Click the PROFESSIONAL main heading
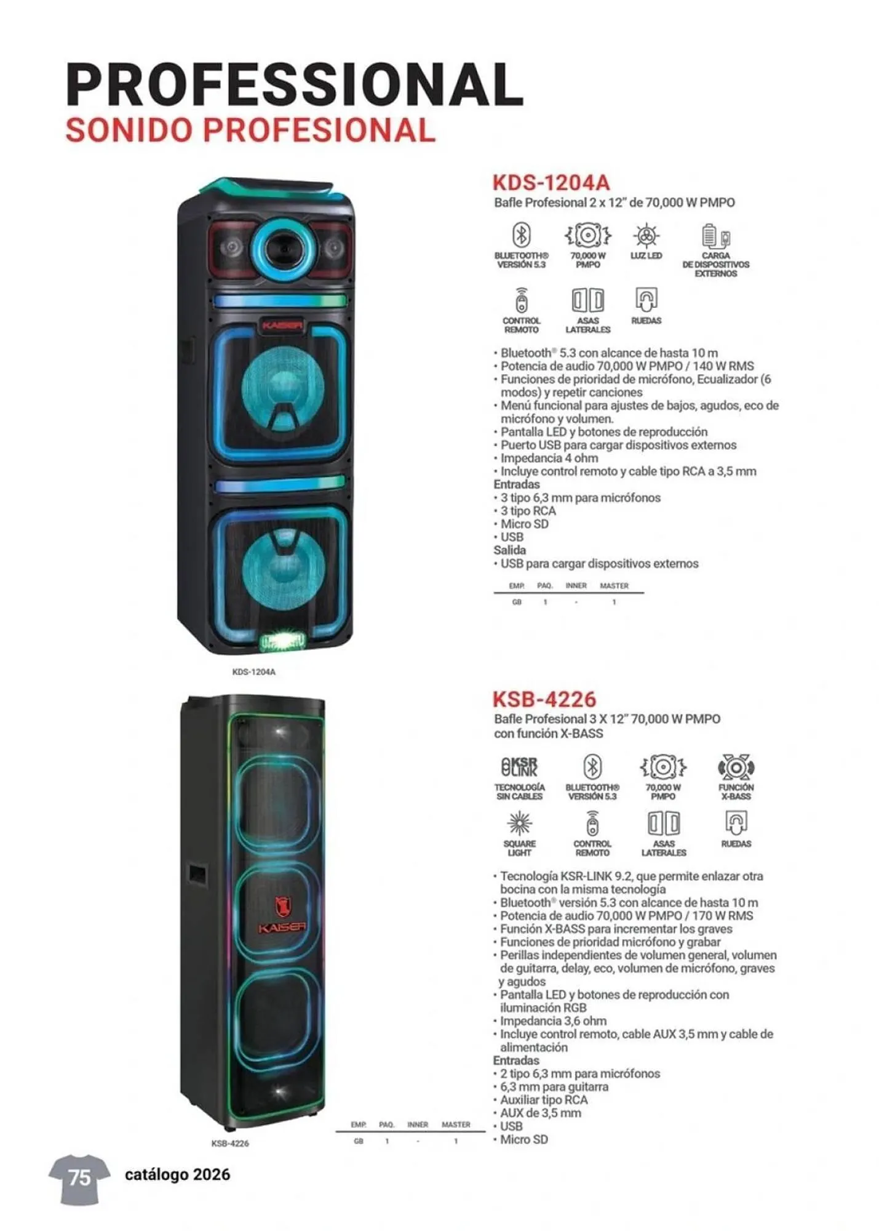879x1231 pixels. pos(294,84)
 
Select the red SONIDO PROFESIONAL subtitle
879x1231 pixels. pos(250,130)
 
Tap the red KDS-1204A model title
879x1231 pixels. pos(551,183)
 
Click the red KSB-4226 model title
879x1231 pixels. pos(544,699)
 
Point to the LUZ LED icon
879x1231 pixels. pos(646,236)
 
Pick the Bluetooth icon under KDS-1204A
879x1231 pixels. pos(522,235)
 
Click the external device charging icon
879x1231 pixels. pos(715,236)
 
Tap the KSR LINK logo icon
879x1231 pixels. pos(519,767)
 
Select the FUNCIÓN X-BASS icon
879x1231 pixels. pos(736,767)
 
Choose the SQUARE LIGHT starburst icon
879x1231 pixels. pos(519,824)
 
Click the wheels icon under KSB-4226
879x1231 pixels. pos(736,822)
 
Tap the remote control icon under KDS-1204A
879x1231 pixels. pos(522,300)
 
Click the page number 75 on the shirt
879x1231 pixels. pos(79,1177)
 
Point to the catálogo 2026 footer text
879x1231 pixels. pos(177,1174)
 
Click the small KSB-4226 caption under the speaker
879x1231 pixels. pos(230,1143)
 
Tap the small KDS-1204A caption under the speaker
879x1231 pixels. pos(253,672)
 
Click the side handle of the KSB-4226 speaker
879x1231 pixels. pos(196,873)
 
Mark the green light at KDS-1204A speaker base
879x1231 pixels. pos(282,642)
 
